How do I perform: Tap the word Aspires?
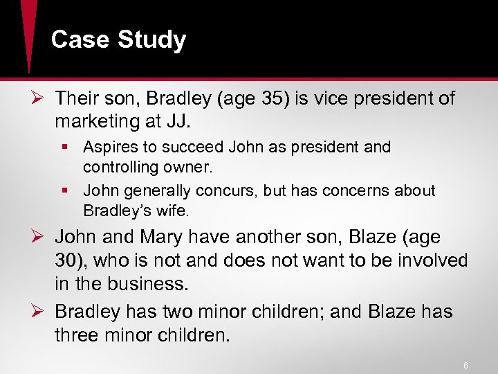click(x=109, y=147)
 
